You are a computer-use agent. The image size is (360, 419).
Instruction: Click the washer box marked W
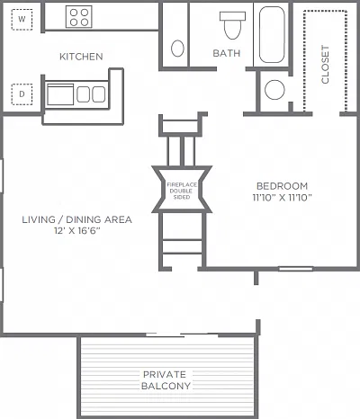(x=22, y=20)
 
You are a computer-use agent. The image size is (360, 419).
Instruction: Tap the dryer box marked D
(x=22, y=94)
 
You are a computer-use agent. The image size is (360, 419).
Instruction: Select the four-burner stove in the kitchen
(x=79, y=17)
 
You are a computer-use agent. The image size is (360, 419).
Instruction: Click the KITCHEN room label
(x=81, y=57)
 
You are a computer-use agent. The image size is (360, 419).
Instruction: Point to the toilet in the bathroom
(x=232, y=25)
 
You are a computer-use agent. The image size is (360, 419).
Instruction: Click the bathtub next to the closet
(x=272, y=34)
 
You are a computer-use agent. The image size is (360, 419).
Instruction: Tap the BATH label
(x=227, y=53)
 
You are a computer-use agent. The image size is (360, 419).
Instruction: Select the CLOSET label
(x=325, y=64)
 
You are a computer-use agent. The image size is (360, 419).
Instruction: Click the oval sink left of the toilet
(x=177, y=49)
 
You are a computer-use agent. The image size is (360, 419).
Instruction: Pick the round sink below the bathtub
(x=274, y=90)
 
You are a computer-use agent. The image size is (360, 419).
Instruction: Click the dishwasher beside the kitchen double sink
(x=60, y=94)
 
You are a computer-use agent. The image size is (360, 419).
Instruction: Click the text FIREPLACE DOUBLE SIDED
(x=182, y=191)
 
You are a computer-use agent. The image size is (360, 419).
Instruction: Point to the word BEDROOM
(x=283, y=186)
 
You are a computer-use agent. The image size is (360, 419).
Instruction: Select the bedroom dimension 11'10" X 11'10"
(x=283, y=198)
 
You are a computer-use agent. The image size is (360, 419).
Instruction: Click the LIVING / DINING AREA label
(x=77, y=219)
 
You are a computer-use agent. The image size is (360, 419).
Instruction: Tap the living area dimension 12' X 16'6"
(x=77, y=231)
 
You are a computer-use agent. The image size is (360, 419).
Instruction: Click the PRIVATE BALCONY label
(x=166, y=380)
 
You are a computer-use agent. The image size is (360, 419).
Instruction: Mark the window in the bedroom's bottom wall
(x=296, y=269)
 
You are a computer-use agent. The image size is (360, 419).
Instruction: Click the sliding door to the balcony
(x=182, y=334)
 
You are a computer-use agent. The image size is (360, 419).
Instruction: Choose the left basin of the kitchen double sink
(x=83, y=94)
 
